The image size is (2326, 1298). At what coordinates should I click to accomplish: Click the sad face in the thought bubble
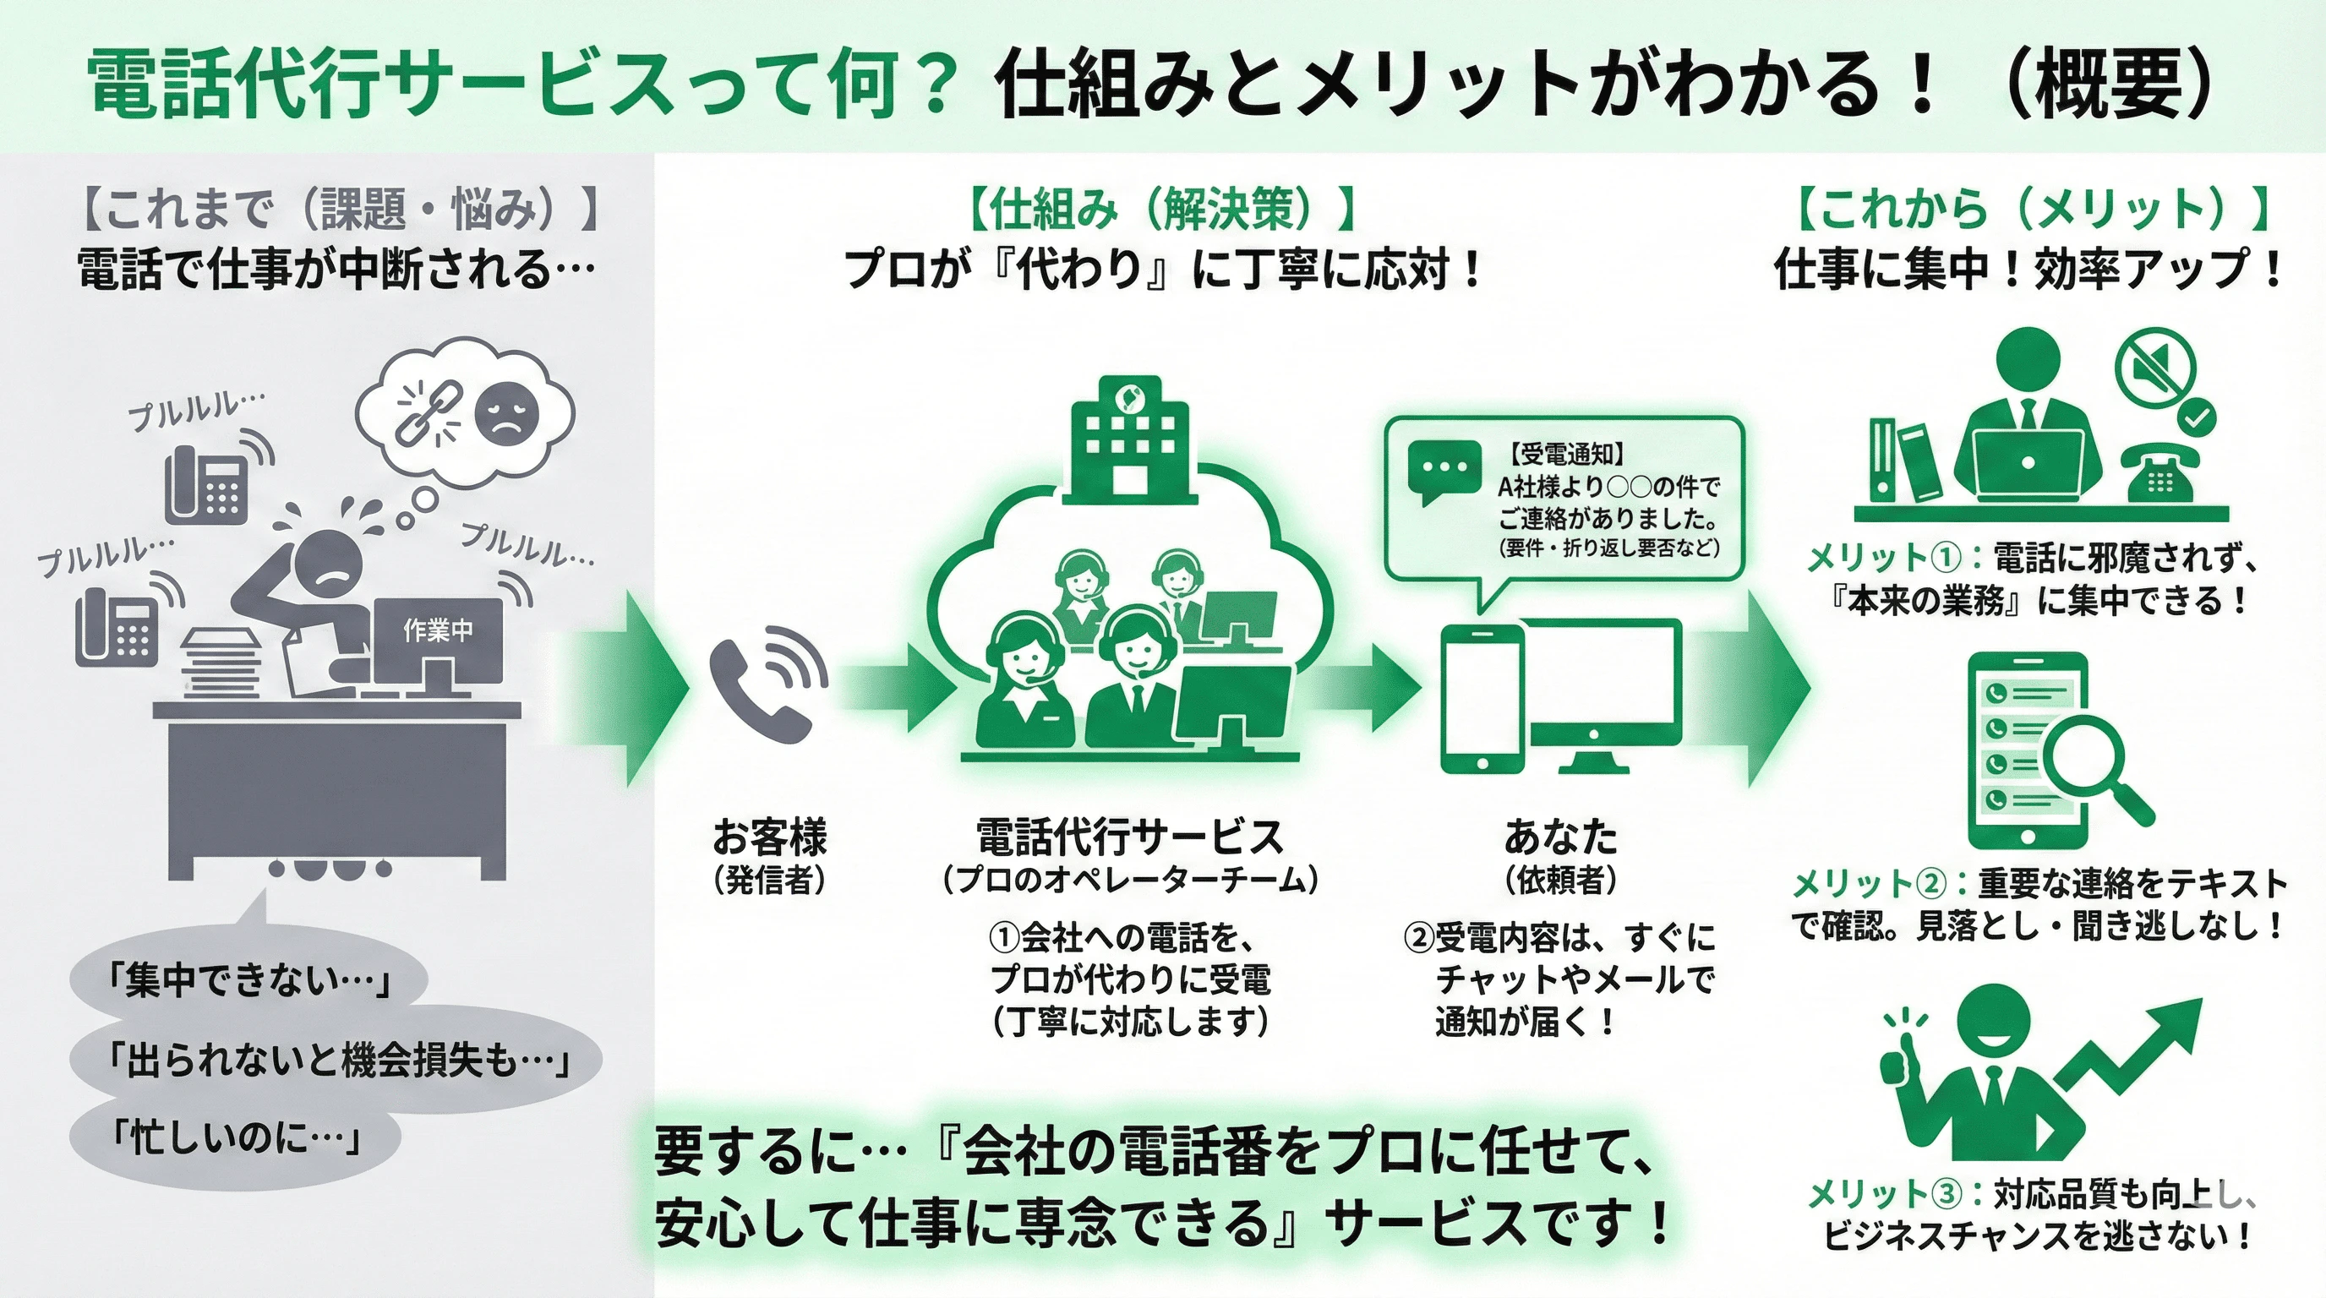(506, 413)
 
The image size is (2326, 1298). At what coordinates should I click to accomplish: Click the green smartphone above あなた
(1481, 699)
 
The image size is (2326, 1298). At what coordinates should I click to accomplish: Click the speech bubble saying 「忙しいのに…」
(235, 1139)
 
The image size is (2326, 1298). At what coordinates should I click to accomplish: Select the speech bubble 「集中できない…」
(248, 980)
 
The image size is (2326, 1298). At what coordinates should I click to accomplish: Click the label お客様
(769, 837)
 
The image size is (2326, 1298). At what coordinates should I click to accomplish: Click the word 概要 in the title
(2104, 85)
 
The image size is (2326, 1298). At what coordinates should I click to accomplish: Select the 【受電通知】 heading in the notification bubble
(1567, 454)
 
